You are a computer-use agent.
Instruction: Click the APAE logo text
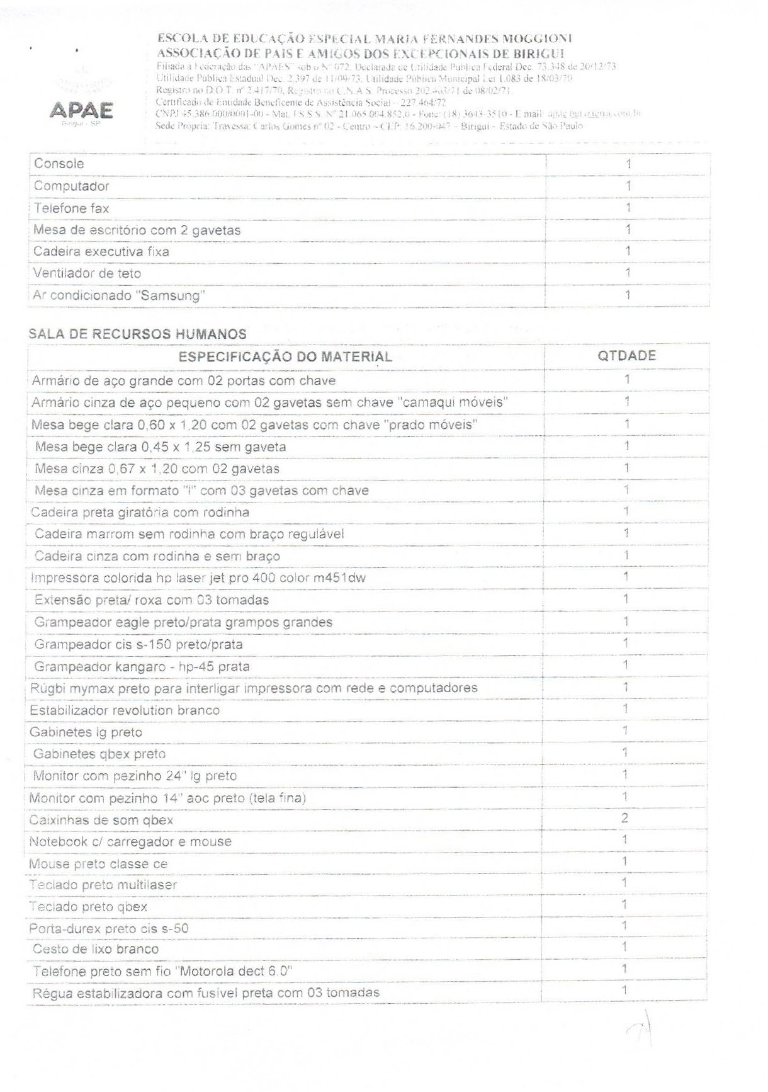(x=82, y=111)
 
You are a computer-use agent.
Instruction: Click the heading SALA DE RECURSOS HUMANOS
(x=137, y=334)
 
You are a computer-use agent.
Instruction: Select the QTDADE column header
(x=626, y=356)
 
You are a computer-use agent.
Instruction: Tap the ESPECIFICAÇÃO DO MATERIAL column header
(x=285, y=357)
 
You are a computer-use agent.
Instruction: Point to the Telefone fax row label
(x=71, y=208)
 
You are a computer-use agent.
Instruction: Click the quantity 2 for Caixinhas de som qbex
(x=624, y=819)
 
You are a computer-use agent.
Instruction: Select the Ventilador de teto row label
(x=87, y=273)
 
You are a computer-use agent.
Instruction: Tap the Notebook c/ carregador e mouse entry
(x=130, y=841)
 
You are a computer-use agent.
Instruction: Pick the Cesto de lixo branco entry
(x=96, y=949)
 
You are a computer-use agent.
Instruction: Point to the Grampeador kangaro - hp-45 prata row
(x=142, y=666)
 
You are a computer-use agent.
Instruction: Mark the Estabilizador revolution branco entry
(x=125, y=710)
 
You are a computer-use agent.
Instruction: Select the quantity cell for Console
(x=628, y=164)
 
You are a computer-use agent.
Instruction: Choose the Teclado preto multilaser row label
(x=103, y=885)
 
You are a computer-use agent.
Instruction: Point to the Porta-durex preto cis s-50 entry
(x=109, y=928)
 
